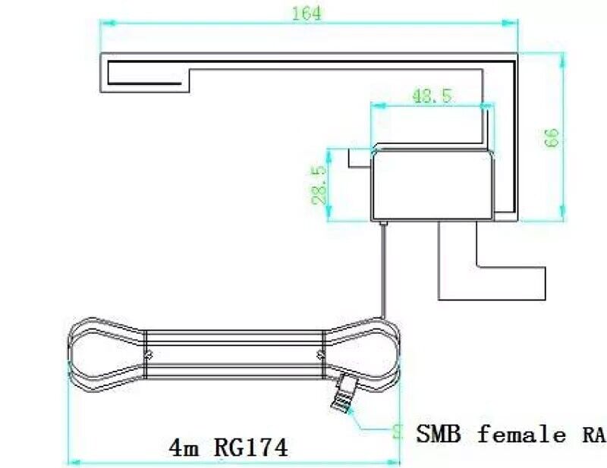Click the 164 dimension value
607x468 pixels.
[x=307, y=14]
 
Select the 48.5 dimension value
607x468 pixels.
[x=432, y=96]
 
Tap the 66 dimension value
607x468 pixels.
[x=552, y=137]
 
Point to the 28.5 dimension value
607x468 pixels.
[x=319, y=185]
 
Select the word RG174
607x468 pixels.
[x=250, y=448]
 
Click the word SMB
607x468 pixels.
[x=439, y=434]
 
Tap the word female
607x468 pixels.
[x=521, y=433]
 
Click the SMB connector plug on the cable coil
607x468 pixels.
[x=344, y=395]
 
